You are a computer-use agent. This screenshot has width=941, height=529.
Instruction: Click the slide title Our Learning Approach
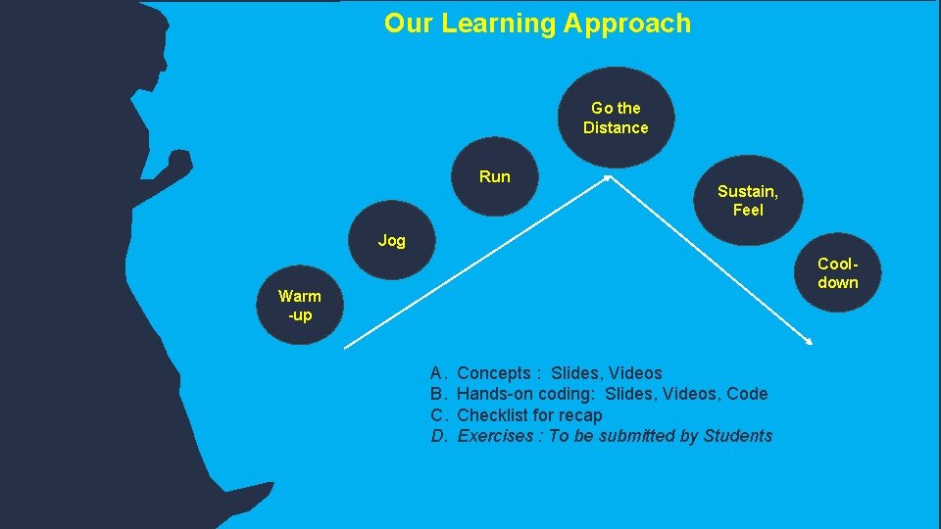pos(537,24)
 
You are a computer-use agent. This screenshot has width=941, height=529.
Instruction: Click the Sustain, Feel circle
pos(747,200)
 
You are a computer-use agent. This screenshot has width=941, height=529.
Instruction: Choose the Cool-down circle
pos(837,273)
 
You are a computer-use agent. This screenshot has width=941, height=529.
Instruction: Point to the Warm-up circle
pos(299,305)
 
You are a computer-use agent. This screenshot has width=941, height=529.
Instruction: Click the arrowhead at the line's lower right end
pos(810,342)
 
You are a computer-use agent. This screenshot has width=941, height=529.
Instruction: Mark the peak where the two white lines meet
pos(608,178)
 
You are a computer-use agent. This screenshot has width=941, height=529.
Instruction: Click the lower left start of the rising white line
pos(347,346)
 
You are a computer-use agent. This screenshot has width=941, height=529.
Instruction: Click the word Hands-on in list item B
pos(495,394)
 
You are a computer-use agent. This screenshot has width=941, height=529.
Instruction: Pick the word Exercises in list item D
pos(493,436)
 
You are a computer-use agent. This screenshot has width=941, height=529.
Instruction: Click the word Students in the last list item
pos(738,436)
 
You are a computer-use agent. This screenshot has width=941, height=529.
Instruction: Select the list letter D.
pos(438,436)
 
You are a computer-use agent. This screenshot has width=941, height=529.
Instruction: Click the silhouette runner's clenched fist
pos(178,162)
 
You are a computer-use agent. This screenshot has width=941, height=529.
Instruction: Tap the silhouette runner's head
pos(118,44)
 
